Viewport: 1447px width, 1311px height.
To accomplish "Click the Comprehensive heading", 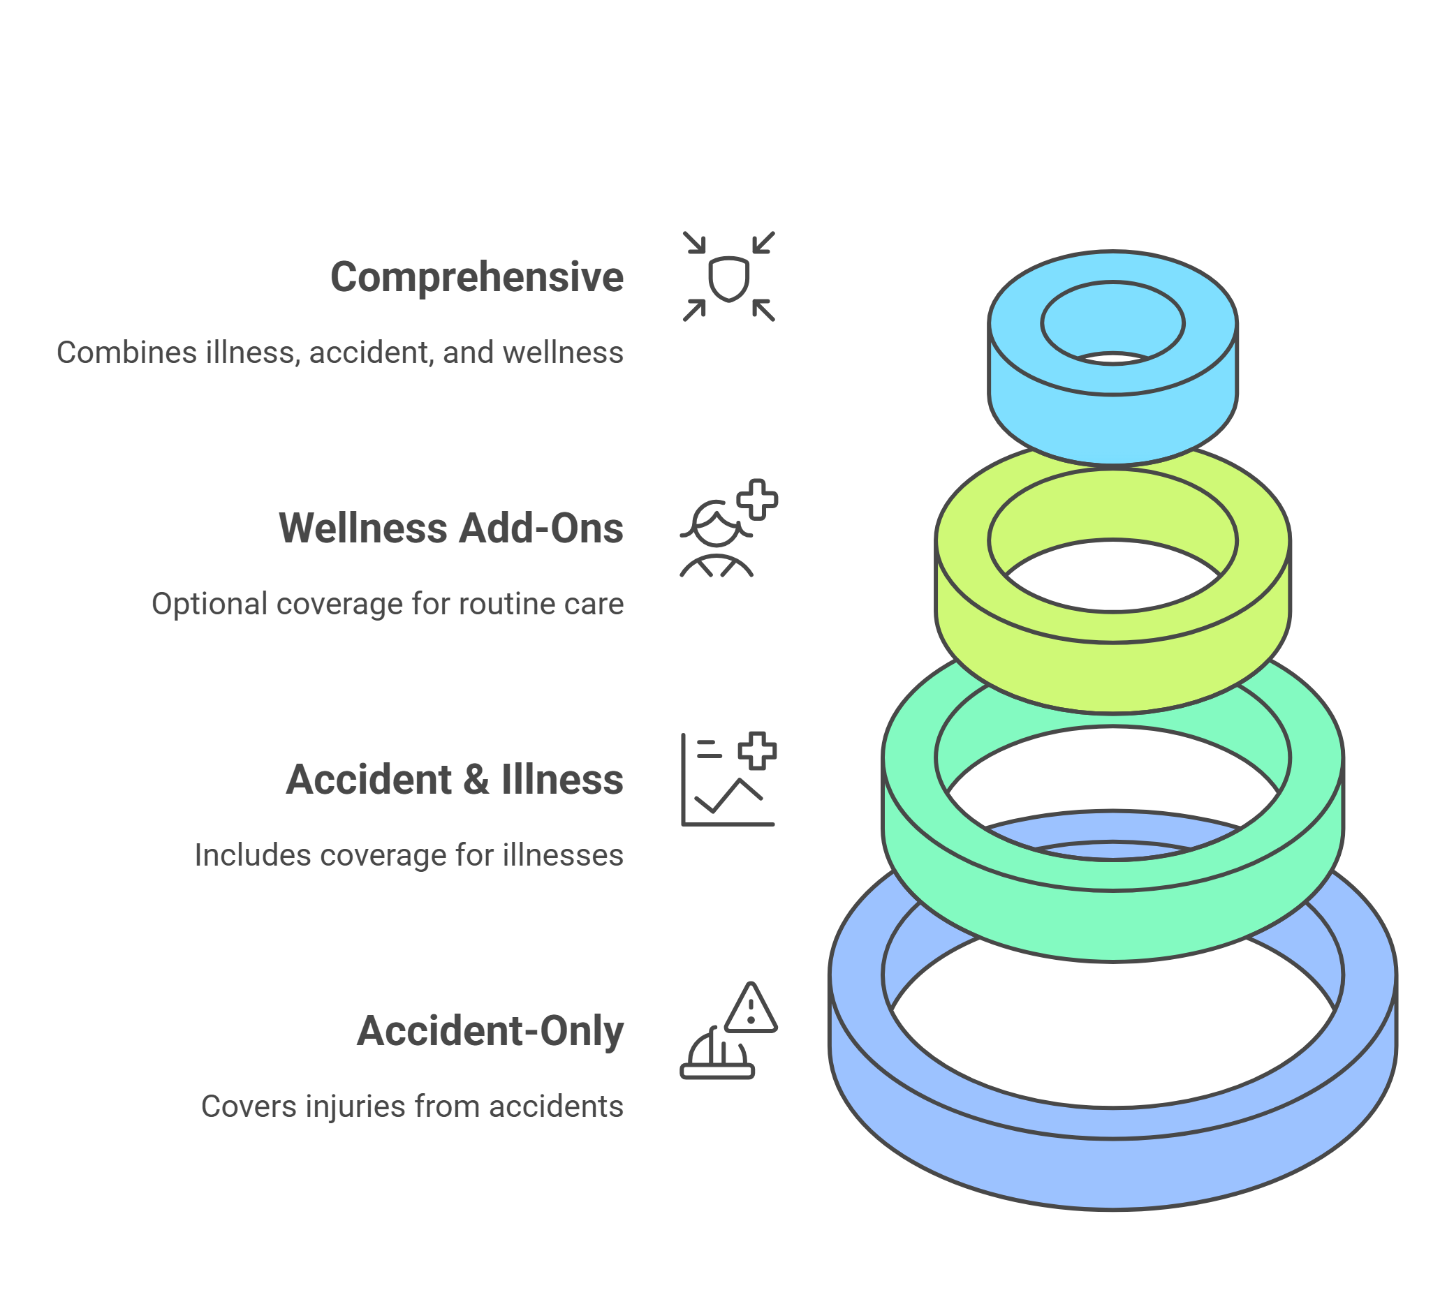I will point(476,278).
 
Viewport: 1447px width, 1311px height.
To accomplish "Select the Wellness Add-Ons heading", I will point(450,529).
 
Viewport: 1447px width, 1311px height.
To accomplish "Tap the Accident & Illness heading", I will point(455,780).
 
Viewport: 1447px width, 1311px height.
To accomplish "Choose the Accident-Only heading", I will point(490,1031).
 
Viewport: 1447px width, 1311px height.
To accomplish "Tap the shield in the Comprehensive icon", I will point(728,278).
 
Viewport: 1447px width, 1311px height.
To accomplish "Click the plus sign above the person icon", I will point(757,498).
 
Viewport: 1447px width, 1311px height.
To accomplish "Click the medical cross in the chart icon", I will point(757,750).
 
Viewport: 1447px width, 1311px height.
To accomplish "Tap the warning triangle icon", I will point(751,1010).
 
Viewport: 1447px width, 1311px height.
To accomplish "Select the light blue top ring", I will point(1112,423).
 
